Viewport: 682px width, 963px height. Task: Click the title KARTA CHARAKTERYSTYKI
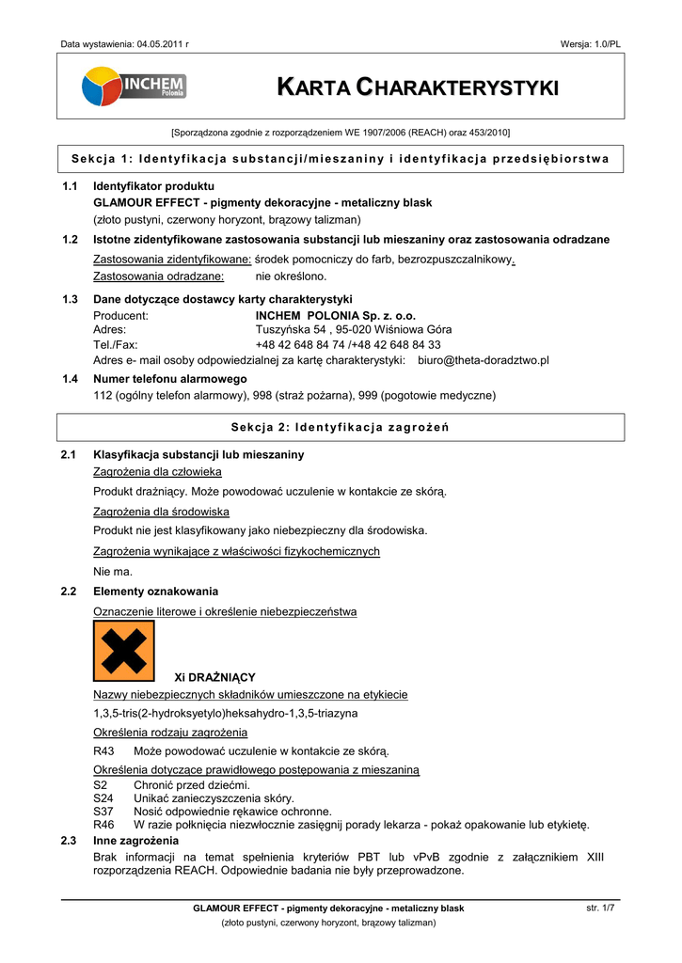click(419, 87)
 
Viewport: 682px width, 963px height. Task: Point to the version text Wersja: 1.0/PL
click(591, 44)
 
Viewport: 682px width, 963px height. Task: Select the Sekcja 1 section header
click(341, 158)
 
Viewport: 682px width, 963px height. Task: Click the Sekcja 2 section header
click(341, 428)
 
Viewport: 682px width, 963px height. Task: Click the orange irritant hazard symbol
click(124, 651)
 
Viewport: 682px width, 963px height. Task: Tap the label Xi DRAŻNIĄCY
click(215, 677)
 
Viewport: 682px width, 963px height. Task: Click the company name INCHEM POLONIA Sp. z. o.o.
click(336, 316)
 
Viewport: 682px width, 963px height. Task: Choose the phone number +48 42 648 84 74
click(303, 345)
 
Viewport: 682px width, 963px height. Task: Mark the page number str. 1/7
click(599, 908)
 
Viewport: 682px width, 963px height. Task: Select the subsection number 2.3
click(68, 840)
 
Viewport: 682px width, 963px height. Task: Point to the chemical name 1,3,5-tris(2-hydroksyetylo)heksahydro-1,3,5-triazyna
click(225, 713)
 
